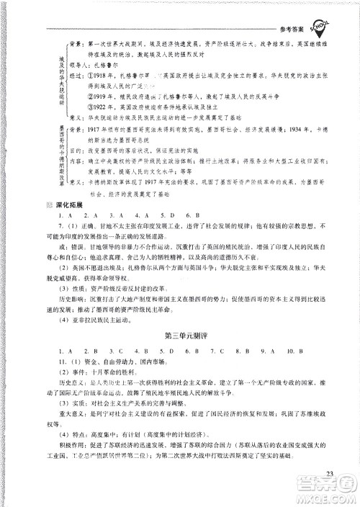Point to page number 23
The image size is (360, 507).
[330, 472]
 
